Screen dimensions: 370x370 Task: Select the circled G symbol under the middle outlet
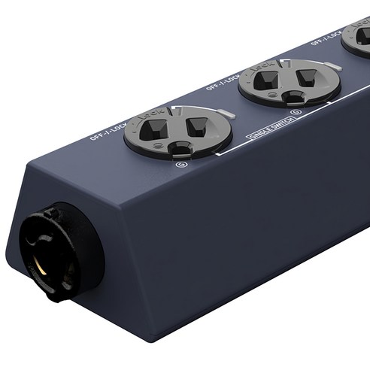296,114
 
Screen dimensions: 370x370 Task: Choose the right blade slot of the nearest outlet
197,123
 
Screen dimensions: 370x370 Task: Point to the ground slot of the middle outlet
290,99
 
